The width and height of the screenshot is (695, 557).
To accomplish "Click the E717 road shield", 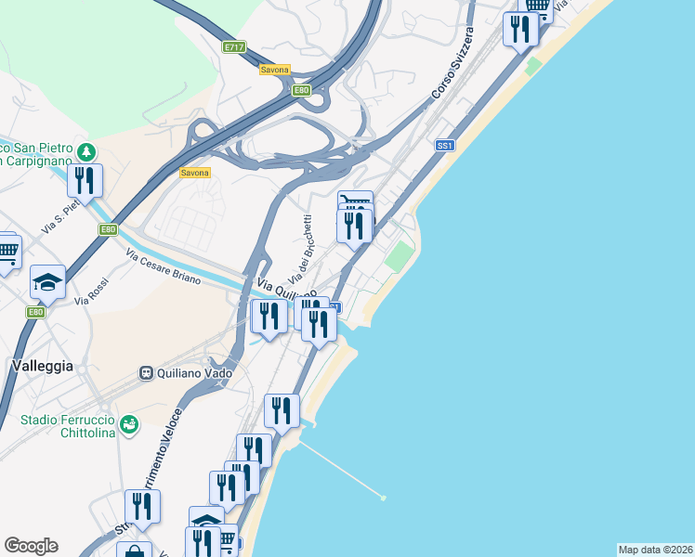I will pos(233,45).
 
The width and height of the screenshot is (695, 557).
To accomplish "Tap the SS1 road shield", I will pos(445,146).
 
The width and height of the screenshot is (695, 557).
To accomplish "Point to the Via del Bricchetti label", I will pos(301,249).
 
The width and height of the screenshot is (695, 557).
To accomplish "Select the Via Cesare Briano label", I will pos(164,266).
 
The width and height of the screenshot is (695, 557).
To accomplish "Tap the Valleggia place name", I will pos(43,366).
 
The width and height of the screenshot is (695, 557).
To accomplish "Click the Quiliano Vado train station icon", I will pos(146,372).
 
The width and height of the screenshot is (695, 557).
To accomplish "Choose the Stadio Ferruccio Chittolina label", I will pos(63,427).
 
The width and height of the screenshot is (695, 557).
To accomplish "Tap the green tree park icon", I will pos(86,150).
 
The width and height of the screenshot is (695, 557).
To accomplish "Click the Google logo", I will pos(31,546).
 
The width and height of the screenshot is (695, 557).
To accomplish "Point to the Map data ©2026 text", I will pos(655,550).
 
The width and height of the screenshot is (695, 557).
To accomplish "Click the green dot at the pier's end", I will pos(383,498).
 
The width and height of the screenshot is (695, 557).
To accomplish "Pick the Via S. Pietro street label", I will pos(60,215).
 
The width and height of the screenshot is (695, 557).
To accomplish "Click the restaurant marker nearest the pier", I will pos(282,409).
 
